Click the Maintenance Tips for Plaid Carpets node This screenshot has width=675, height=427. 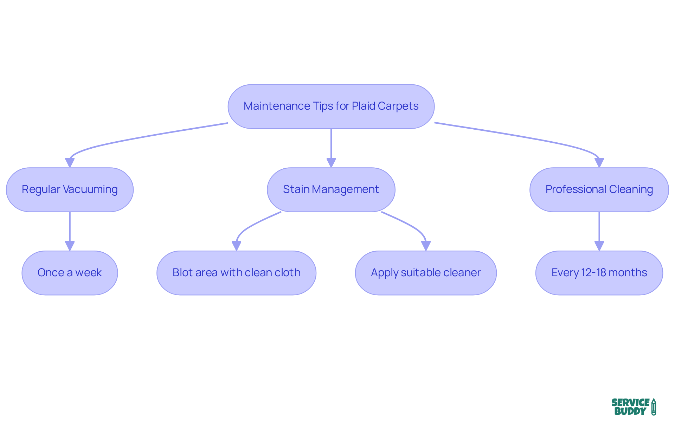point(331,106)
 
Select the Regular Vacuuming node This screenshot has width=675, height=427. point(70,189)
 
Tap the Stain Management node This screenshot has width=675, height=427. point(331,189)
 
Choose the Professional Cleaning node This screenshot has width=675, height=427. point(599,189)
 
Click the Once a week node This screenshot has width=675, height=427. point(70,273)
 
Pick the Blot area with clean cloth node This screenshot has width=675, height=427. point(236,273)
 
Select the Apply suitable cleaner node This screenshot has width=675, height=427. point(425,273)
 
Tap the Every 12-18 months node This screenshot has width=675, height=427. point(599,273)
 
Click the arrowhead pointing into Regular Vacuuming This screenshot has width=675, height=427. point(70,163)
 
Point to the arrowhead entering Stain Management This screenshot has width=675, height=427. point(331,163)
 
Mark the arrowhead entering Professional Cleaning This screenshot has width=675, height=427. point(599,163)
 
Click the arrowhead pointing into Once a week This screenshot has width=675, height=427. point(70,246)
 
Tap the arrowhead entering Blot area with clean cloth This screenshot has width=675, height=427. point(236,246)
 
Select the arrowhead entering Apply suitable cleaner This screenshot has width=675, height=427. point(426,246)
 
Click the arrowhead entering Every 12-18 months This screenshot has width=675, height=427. point(599,246)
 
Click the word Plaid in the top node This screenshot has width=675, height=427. point(364,106)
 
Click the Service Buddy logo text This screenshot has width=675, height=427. point(630,407)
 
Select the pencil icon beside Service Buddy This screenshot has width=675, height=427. point(654,407)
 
